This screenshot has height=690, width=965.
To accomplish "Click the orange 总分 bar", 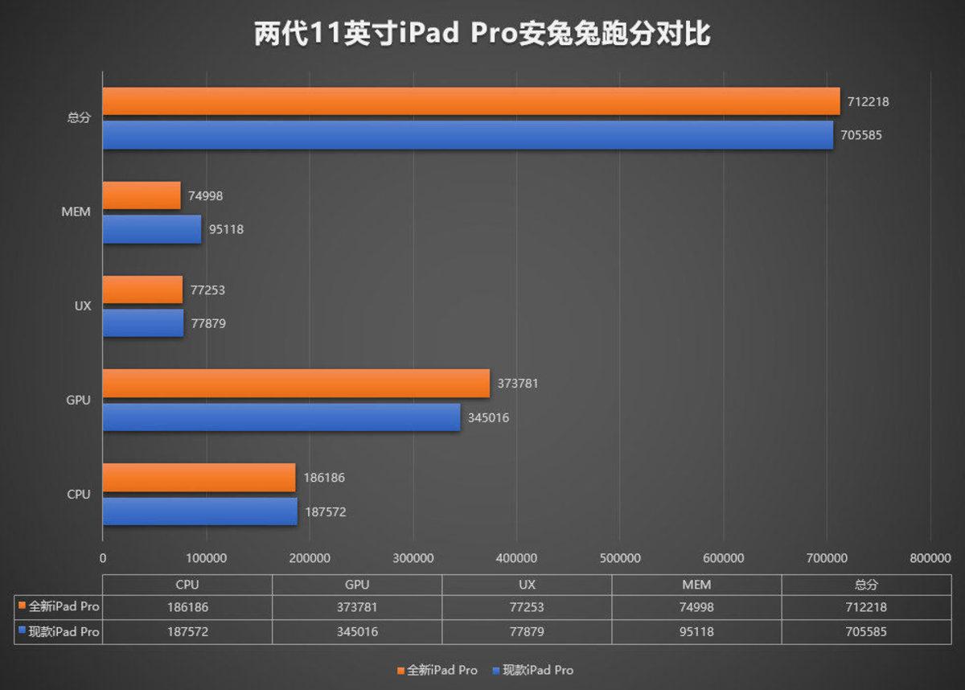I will tap(470, 101).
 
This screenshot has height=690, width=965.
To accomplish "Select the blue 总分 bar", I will tap(467, 135).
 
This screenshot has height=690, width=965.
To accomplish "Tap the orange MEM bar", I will tap(142, 195).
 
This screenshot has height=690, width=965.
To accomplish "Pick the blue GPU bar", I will tap(281, 417).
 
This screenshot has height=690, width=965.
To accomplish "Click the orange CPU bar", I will tap(199, 477).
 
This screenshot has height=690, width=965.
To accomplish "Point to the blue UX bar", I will tap(142, 323).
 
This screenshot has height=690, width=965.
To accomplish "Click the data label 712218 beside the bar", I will tap(867, 102).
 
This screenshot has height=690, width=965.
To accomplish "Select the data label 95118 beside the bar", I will tap(226, 229).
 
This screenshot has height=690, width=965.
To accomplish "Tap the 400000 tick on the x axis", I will tap(517, 557).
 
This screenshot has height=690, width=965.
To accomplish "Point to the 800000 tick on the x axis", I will tap(930, 557).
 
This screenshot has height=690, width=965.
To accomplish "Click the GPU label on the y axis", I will tap(78, 400).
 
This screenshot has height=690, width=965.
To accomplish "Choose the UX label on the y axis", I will tap(82, 306).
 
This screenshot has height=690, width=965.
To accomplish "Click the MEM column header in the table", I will tap(696, 585).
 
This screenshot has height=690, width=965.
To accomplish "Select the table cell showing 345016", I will tap(357, 632).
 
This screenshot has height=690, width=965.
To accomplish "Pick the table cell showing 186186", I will tap(187, 607).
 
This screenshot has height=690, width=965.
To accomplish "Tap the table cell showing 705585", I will tap(867, 632).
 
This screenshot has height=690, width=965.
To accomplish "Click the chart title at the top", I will tap(482, 35).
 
